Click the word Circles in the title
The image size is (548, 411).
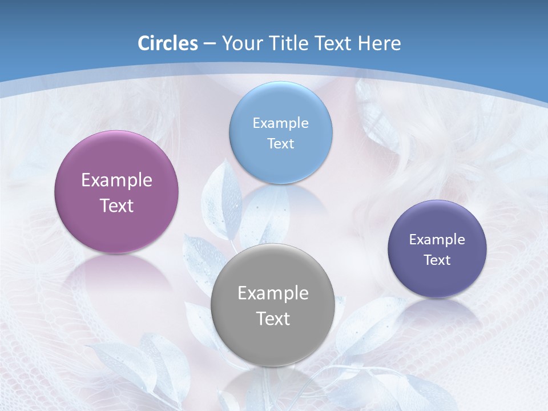click(167, 43)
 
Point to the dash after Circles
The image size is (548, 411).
click(209, 44)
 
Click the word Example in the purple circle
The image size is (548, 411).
click(116, 180)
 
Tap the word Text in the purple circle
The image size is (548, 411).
click(116, 205)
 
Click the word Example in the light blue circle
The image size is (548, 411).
click(280, 123)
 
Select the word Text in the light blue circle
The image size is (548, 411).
click(280, 143)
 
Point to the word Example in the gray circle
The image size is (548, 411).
click(273, 293)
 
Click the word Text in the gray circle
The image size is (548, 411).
click(273, 319)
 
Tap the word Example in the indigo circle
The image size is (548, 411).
click(437, 239)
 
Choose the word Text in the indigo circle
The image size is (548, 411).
click(437, 260)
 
